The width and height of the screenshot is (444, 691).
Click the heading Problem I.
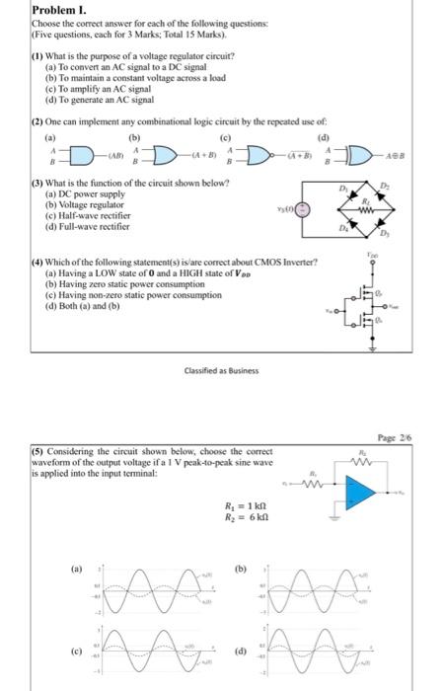33,10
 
